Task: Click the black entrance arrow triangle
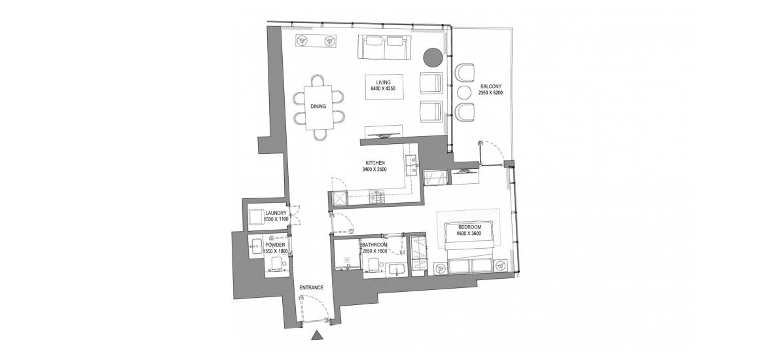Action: (318, 334)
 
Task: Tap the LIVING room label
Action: (384, 82)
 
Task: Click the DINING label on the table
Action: (319, 107)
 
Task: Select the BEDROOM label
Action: (470, 227)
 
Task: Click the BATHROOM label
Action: (375, 245)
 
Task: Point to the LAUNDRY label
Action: (276, 213)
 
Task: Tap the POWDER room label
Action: (275, 245)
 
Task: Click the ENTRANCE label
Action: (311, 288)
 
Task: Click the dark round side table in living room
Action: (433, 57)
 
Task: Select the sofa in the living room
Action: (384, 47)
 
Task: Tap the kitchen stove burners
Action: (376, 197)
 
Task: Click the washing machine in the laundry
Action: (257, 217)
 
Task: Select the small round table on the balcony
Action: (464, 92)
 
